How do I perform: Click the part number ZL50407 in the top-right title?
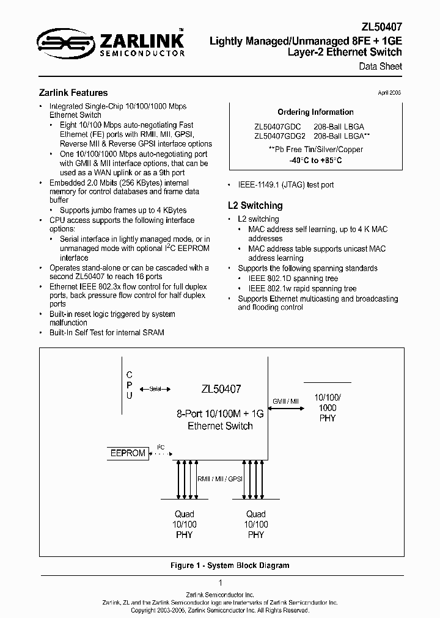(x=382, y=28)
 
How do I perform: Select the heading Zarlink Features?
(x=73, y=93)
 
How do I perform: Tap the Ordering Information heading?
(x=315, y=112)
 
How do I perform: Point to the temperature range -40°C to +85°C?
(x=316, y=160)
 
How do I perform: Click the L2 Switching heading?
(x=254, y=206)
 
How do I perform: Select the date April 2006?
(x=388, y=92)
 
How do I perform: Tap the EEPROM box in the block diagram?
(x=127, y=453)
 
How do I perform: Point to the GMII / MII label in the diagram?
(x=285, y=401)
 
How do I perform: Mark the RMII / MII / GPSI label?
(x=220, y=479)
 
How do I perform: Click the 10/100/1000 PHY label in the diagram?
(x=328, y=408)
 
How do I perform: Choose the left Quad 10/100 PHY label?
(x=184, y=524)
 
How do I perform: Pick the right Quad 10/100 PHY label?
(x=256, y=524)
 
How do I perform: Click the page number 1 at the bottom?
(x=220, y=583)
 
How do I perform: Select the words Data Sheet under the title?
(x=380, y=66)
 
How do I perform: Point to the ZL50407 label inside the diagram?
(x=221, y=388)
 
